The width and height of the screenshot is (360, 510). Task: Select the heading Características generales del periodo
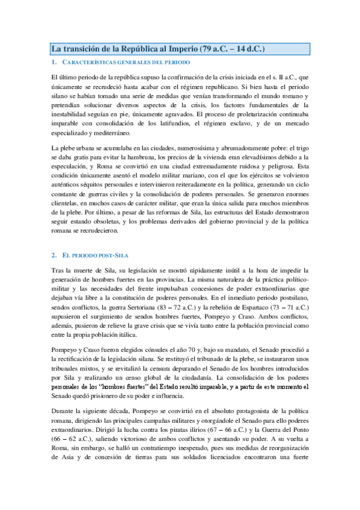(x=127, y=63)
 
